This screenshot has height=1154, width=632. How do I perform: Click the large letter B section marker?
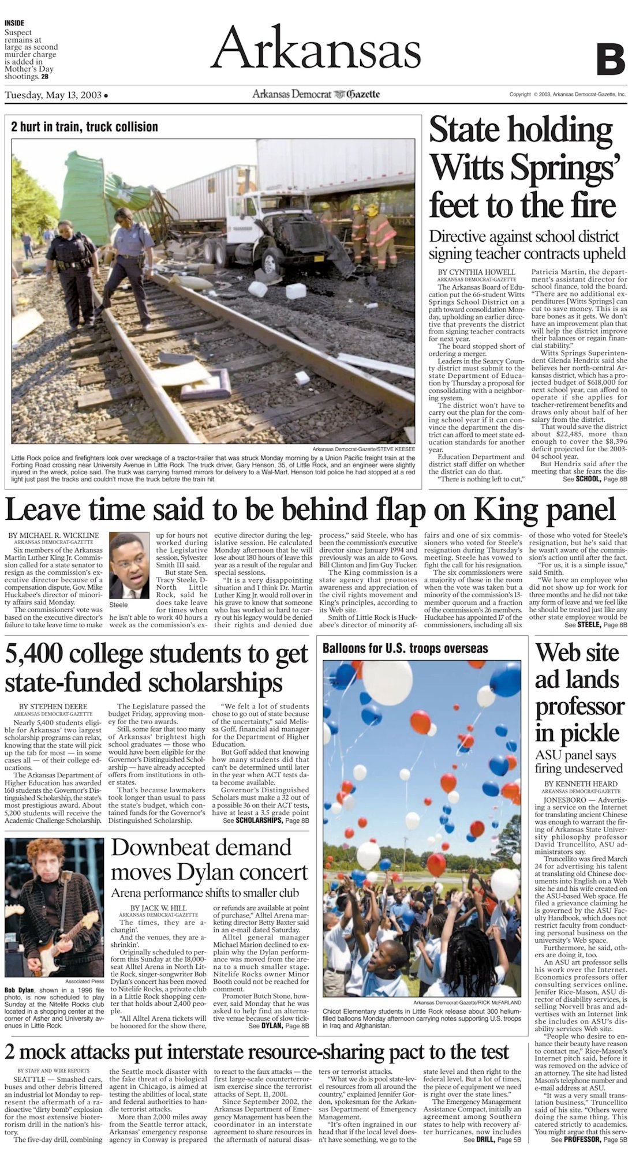click(611, 59)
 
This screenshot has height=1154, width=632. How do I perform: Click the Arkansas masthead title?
click(316, 48)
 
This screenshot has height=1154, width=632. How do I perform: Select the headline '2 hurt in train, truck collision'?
click(84, 127)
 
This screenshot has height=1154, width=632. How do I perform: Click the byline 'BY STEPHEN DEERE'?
click(54, 706)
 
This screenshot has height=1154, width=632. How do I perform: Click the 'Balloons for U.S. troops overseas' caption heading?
click(405, 648)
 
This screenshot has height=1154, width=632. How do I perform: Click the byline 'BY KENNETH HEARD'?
click(580, 784)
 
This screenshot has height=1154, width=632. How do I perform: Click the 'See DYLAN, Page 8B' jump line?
click(279, 1026)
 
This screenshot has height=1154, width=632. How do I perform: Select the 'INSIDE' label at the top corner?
click(14, 23)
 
